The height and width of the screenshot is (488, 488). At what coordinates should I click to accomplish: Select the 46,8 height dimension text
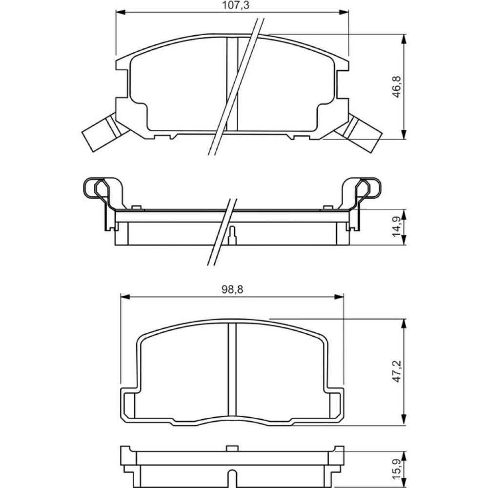point(397,87)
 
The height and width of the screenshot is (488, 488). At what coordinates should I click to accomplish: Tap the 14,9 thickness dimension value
point(397,226)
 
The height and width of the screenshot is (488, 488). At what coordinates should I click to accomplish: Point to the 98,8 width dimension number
point(232,290)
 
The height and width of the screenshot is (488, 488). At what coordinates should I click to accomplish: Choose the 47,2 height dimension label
point(397,371)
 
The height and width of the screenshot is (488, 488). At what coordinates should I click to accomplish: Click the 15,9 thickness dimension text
point(397,472)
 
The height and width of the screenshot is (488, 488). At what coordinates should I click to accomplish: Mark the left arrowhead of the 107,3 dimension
point(121,12)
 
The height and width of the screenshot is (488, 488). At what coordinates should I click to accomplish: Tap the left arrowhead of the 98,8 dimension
point(125,297)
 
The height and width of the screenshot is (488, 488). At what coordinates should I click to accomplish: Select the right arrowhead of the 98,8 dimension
point(339,297)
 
